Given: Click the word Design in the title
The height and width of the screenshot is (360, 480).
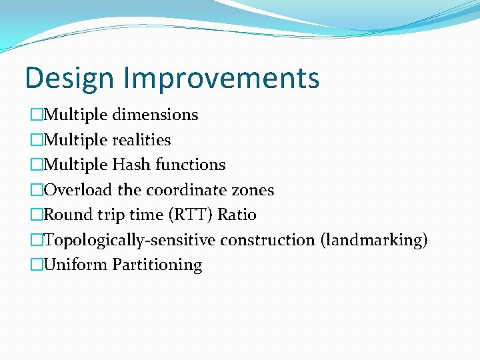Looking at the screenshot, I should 69,78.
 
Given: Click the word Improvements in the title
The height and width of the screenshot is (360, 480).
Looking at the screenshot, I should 221,78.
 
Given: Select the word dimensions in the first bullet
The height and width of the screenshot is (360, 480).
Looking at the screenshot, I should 155,115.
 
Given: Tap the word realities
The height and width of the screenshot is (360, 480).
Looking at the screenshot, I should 141,140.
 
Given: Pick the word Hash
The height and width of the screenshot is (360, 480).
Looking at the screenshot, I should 131,165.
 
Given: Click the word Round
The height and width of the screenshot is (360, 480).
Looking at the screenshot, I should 63,215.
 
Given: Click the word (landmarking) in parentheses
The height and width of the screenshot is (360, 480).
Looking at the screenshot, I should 374,240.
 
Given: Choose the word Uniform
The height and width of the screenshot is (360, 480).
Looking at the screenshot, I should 75,265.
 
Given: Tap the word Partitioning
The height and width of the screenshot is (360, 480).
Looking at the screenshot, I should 157,265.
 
